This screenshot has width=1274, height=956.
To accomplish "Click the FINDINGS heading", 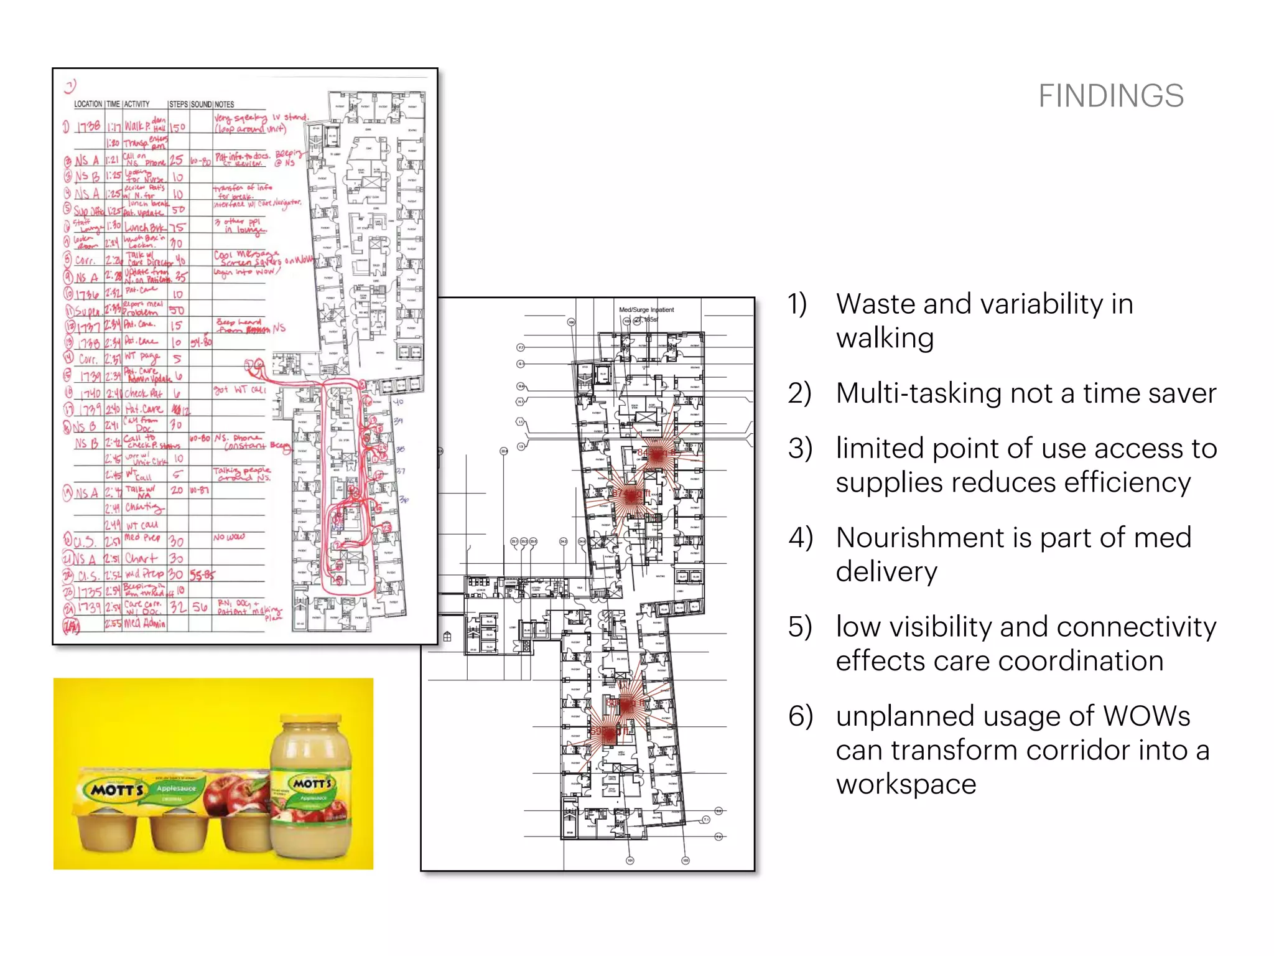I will pyautogui.click(x=1110, y=96).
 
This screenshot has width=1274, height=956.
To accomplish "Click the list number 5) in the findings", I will pyautogui.click(x=800, y=627).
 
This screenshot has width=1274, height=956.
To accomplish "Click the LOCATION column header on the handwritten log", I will pyautogui.click(x=88, y=104).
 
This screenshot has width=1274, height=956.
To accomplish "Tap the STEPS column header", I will pyautogui.click(x=178, y=104).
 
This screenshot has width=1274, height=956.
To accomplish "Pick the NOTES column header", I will pyautogui.click(x=224, y=104).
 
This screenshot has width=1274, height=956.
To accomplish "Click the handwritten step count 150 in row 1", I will pyautogui.click(x=178, y=127).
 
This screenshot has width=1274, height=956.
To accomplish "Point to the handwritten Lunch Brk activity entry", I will pyautogui.click(x=144, y=227).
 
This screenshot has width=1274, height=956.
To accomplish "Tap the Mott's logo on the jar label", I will pyautogui.click(x=313, y=782).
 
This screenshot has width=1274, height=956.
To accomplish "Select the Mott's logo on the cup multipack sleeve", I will pyautogui.click(x=118, y=789).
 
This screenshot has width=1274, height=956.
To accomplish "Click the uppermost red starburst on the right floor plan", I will pyautogui.click(x=657, y=454).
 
